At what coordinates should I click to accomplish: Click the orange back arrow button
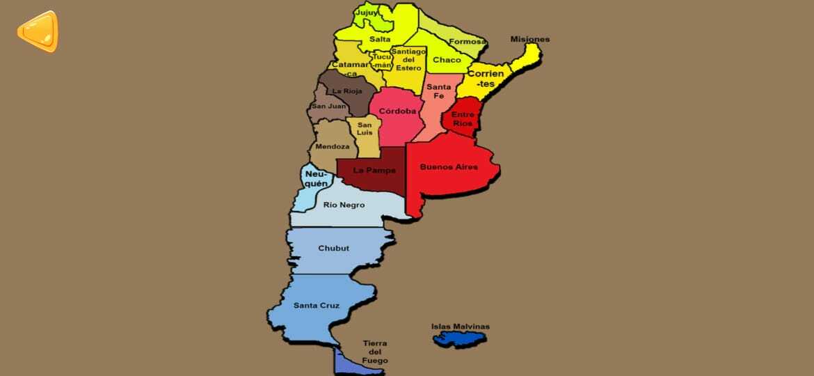(38, 31)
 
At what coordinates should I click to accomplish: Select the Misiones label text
(529, 39)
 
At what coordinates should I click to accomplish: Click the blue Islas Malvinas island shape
(459, 339)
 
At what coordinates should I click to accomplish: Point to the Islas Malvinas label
(460, 327)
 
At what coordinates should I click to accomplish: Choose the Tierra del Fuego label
(374, 352)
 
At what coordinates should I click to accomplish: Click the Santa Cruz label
(316, 305)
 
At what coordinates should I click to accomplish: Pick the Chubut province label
(333, 249)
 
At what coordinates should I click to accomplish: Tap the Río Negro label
(344, 205)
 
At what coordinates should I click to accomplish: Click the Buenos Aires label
(449, 167)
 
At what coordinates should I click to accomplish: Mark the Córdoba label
(397, 111)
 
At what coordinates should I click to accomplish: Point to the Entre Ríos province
(462, 118)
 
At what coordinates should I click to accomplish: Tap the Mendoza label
(332, 147)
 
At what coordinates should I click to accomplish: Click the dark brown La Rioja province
(346, 91)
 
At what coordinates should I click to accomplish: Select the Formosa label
(466, 42)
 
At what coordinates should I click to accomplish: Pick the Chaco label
(447, 60)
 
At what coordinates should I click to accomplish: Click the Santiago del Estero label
(408, 59)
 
